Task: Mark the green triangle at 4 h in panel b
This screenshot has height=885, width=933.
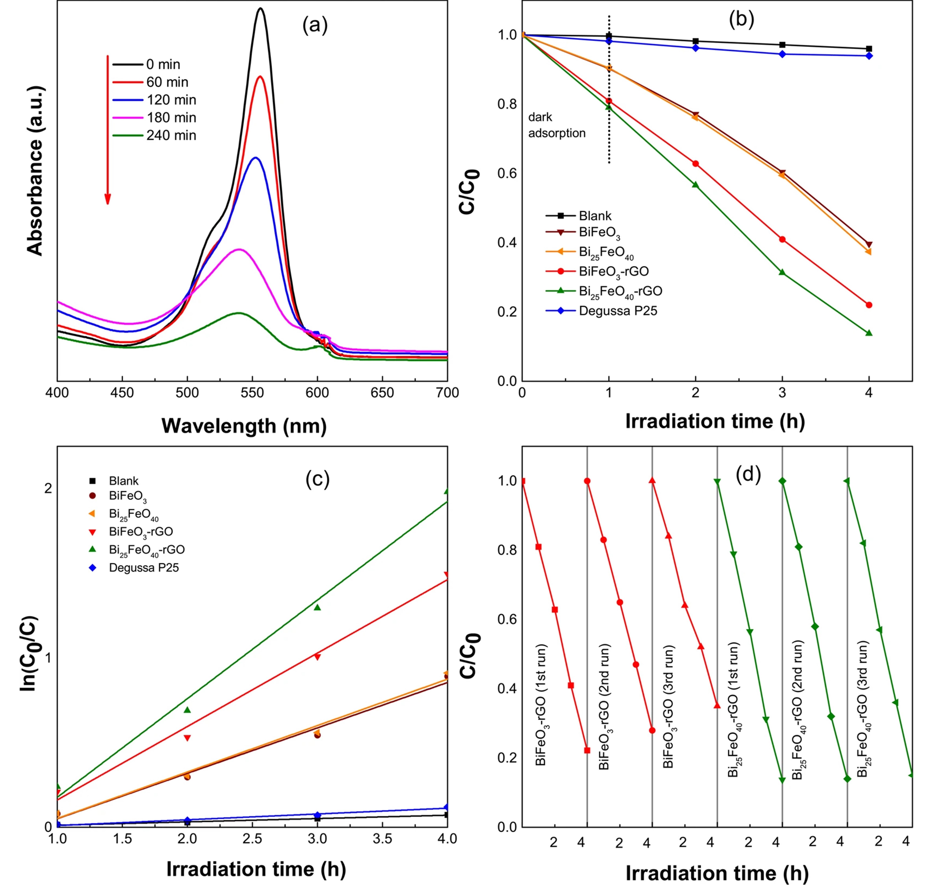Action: click(869, 333)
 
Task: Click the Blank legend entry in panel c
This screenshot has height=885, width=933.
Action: click(124, 481)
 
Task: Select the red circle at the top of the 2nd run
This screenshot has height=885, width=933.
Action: click(587, 481)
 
